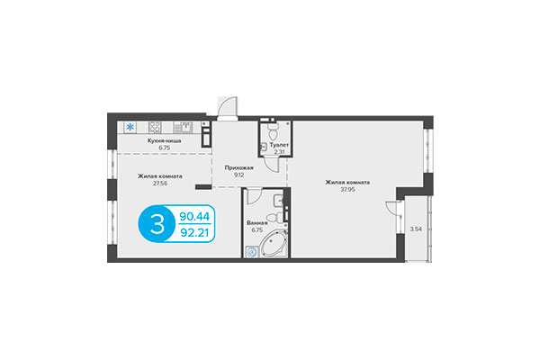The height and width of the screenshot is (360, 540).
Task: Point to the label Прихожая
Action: tap(239, 167)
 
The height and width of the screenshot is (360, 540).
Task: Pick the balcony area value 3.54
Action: tap(416, 231)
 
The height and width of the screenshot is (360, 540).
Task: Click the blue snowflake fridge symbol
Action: tap(131, 126)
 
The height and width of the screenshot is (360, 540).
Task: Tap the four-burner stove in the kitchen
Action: tap(153, 126)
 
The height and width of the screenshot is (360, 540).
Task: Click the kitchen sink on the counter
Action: tap(184, 126)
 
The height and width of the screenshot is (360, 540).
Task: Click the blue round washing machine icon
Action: tap(252, 252)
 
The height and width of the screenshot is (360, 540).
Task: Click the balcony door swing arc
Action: tap(392, 209)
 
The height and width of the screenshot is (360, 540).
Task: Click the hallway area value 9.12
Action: tap(239, 176)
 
